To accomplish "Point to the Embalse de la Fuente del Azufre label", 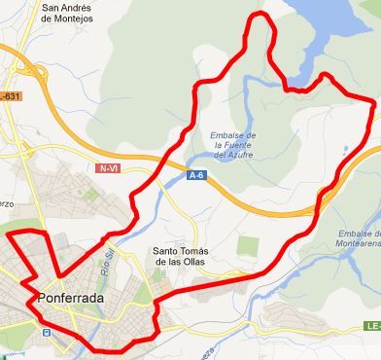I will tap(233, 144).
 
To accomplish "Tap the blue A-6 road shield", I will tap(196, 176).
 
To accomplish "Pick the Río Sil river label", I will tap(104, 263).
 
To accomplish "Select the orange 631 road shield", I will tap(11, 96).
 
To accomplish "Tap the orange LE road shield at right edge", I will tap(372, 329).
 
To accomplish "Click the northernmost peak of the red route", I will tap(260, 15).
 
